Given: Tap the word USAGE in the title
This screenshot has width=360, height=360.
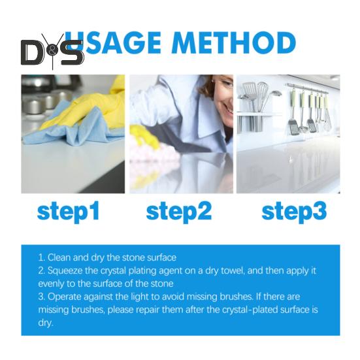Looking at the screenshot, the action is [112, 43].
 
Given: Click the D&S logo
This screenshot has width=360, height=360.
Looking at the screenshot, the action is [52, 52].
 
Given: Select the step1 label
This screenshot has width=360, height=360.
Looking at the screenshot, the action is [69, 211].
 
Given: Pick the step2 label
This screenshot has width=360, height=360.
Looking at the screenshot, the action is [179, 211].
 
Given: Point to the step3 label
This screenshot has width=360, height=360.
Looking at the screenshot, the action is [294, 211].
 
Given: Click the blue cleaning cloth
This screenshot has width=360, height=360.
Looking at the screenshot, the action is [73, 129].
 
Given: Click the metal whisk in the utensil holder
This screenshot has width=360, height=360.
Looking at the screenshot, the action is [262, 94].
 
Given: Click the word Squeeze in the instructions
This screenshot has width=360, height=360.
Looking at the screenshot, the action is [65, 271].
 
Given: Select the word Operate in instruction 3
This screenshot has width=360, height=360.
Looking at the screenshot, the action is [65, 297].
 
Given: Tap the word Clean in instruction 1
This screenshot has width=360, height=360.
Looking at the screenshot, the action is [59, 257].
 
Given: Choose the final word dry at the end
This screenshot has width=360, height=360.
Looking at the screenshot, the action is [46, 323].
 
